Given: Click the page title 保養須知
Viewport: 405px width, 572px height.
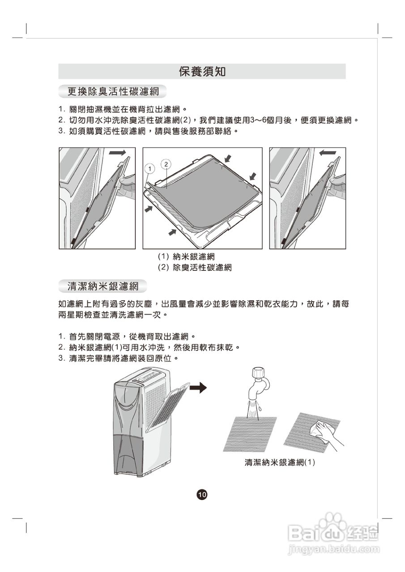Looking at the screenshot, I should click(x=202, y=71).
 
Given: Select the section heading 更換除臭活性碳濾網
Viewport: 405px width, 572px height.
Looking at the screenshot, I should click(x=113, y=92).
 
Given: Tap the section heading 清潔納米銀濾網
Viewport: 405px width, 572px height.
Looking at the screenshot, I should click(x=102, y=286).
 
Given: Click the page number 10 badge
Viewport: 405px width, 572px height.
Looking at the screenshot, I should click(x=202, y=494).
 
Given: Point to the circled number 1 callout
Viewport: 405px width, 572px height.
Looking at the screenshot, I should click(x=150, y=168).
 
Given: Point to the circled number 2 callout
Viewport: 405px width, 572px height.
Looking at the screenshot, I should click(x=166, y=164).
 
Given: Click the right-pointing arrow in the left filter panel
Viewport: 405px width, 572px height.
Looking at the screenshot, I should click(x=117, y=153).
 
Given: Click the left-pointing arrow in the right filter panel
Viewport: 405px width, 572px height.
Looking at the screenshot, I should click(x=328, y=153).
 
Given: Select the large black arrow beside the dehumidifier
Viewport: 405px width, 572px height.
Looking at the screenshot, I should click(x=197, y=387).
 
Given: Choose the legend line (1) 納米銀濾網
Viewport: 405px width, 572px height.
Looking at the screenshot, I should click(x=186, y=257).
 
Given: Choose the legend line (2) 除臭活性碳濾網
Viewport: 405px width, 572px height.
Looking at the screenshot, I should click(x=194, y=268).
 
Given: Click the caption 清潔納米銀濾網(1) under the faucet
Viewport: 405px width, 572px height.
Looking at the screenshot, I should click(x=280, y=463).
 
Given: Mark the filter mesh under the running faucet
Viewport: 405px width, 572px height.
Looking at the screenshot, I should click(x=250, y=433).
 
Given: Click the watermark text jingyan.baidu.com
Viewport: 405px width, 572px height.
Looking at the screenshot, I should click(x=333, y=549).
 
